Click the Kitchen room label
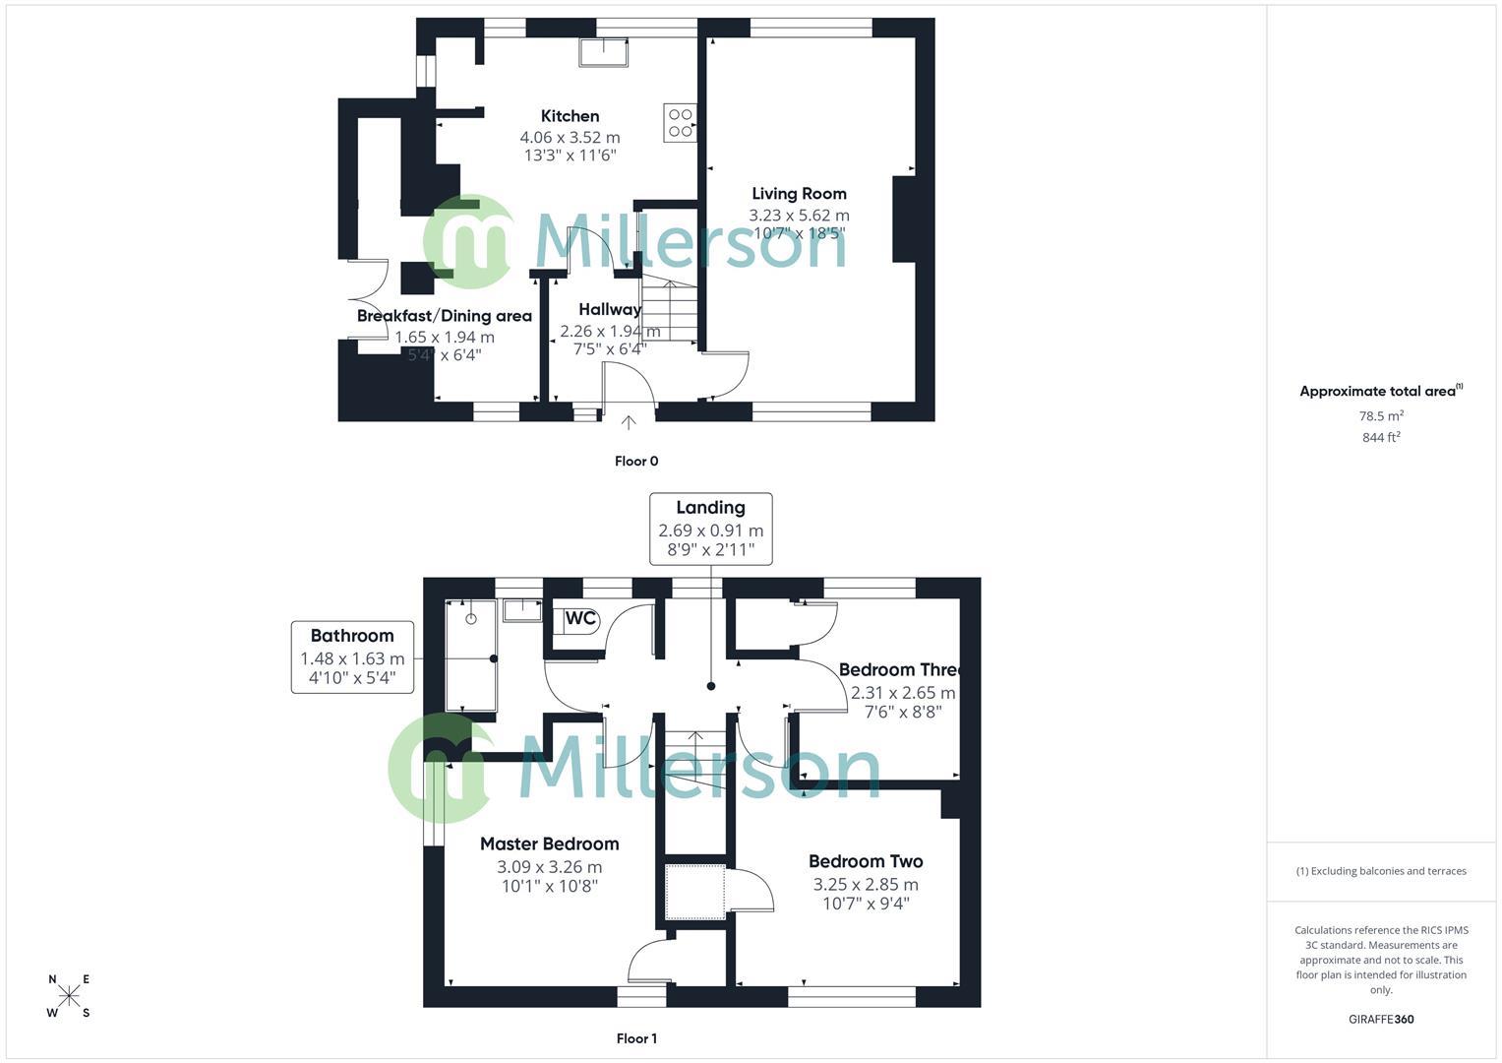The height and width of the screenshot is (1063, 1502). tap(570, 116)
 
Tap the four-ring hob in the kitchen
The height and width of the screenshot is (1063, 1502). tap(681, 122)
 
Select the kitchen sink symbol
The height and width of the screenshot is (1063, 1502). tap(604, 53)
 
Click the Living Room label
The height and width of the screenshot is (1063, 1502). tap(799, 194)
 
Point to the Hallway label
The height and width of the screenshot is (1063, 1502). tap(610, 309)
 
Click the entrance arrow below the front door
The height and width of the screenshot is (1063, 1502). tap(629, 422)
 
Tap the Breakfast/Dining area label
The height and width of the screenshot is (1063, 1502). tap(444, 316)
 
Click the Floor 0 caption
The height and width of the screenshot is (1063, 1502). tap(636, 461)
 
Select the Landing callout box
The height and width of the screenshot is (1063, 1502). tap(710, 529)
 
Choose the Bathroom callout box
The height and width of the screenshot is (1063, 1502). tap(352, 657)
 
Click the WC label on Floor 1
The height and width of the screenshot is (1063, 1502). tap(580, 619)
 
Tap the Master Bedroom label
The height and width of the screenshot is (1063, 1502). tap(549, 844)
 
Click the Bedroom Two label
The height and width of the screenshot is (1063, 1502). tap(866, 861)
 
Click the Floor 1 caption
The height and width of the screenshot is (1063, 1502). tap(636, 1038)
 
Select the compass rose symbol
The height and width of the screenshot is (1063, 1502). tap(69, 996)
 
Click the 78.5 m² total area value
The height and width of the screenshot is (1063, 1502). tap(1381, 416)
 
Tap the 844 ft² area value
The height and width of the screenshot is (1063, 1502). tap(1381, 438)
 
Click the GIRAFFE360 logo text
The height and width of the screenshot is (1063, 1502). tap(1381, 1019)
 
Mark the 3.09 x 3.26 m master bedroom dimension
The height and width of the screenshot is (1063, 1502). tap(549, 867)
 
